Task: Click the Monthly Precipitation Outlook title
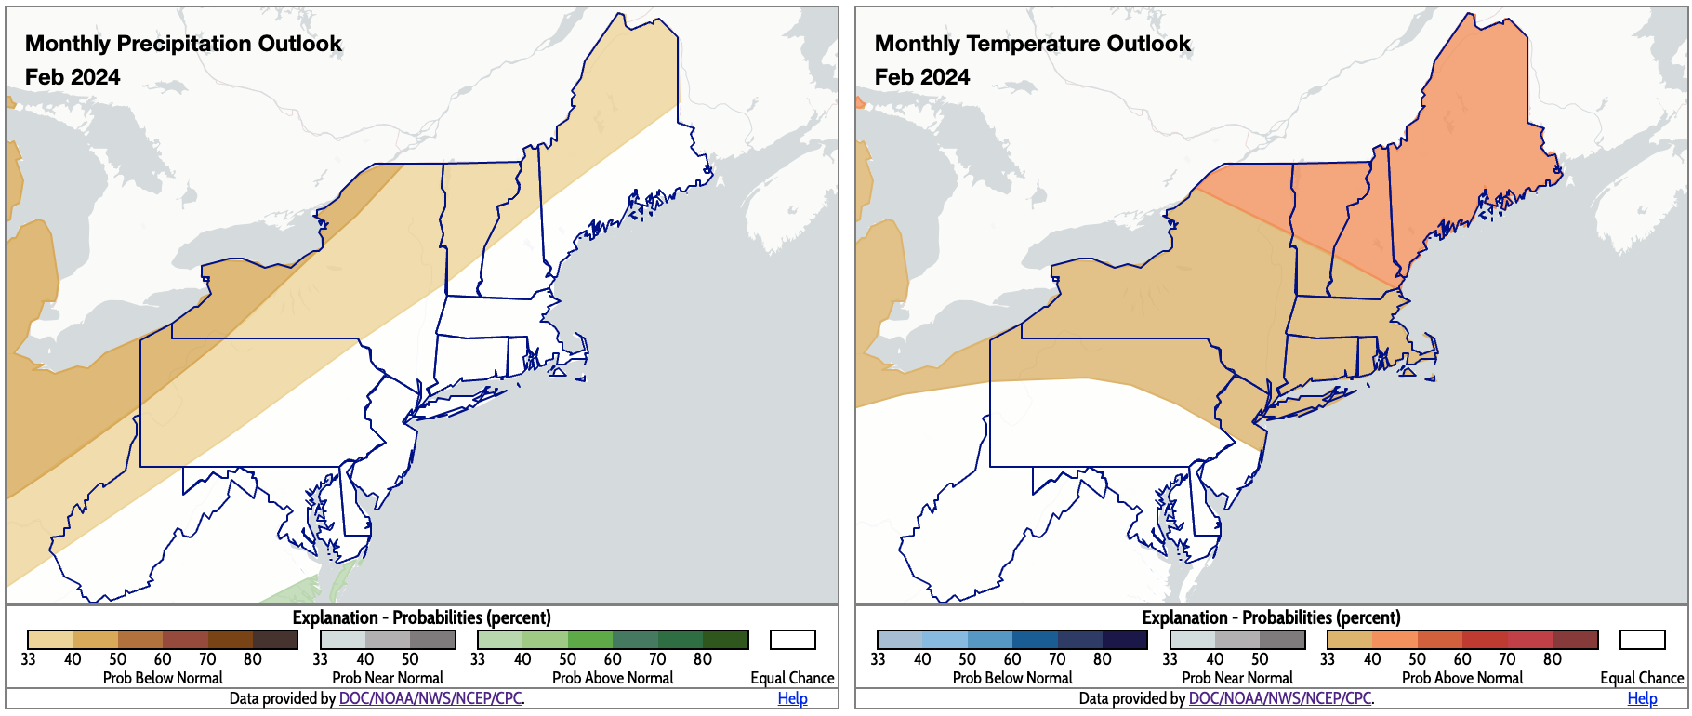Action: pos(183,44)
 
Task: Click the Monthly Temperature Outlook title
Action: pos(1032,44)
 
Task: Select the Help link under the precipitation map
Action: pos(792,698)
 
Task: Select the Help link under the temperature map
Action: pos(1642,698)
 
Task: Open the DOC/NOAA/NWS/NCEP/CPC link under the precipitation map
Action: pos(430,698)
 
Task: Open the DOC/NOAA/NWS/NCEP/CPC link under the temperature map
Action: pos(1279,698)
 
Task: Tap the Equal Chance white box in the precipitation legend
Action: pos(792,640)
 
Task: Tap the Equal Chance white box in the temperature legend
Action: pos(1642,640)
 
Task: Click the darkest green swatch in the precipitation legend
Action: pos(726,640)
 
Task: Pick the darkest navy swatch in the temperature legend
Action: pos(1125,640)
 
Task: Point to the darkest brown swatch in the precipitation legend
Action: pos(275,640)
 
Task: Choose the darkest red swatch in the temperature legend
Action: pos(1576,640)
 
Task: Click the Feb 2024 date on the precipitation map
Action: pos(73,77)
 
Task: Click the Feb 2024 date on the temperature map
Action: pos(922,77)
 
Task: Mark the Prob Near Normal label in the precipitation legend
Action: pos(388,678)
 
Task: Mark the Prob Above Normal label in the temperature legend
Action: pos(1462,678)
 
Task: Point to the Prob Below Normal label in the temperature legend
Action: pos(1012,678)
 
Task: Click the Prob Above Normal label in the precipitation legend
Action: pos(613,678)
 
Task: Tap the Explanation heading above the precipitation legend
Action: pos(421,617)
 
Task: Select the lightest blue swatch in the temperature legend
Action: pos(900,640)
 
